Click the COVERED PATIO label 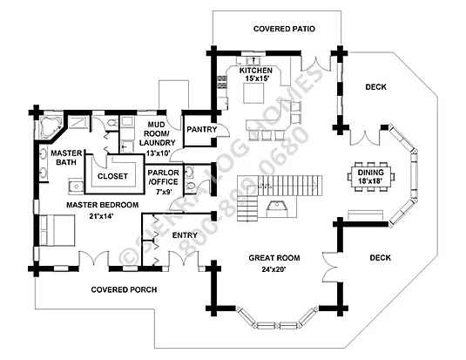pos(284,29)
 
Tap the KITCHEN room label pos(256,71)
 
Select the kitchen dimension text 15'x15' pos(257,78)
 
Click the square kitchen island pos(253,93)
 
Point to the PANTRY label pos(201,129)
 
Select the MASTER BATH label pos(66,158)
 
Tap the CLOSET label pos(112,176)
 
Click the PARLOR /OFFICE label pos(163,177)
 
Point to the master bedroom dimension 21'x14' pos(101,216)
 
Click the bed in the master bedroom pos(57,230)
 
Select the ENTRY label pos(185,235)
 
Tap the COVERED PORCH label pos(124,289)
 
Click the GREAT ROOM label pos(274,258)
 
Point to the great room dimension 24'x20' pos(274,269)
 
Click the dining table pos(370,177)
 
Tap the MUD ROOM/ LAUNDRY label pos(157,133)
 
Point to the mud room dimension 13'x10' pos(159,153)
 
